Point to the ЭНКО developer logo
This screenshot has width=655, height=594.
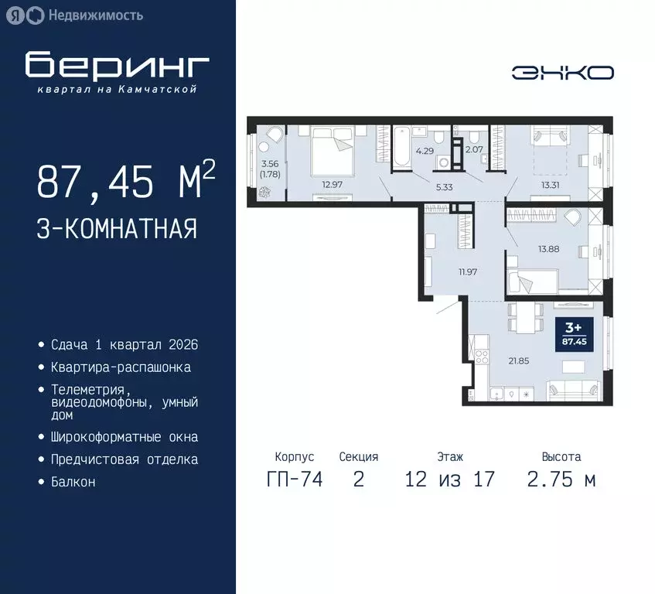coord(562,73)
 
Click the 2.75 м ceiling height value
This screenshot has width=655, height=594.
coord(561,480)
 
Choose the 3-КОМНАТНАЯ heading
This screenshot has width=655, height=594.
coord(116,229)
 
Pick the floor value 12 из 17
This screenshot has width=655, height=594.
coord(449,480)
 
